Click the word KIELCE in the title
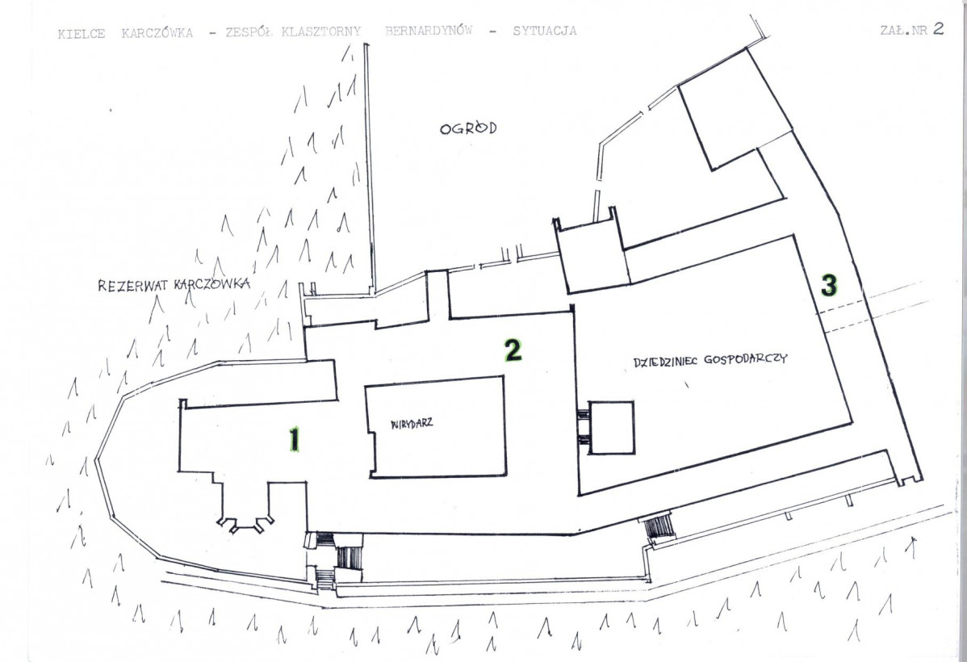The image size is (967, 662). (x=82, y=33)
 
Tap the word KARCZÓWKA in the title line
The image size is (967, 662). (x=157, y=33)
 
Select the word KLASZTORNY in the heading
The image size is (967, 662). (x=320, y=31)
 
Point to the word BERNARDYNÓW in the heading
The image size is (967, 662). (x=428, y=31)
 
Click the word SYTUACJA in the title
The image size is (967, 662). (x=545, y=30)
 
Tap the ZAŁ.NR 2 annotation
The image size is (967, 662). (x=911, y=30)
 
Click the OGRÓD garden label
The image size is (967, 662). (x=468, y=128)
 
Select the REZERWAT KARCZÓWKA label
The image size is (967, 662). (x=174, y=285)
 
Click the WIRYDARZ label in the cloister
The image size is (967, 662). (x=412, y=423)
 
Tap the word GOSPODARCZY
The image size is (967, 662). (x=746, y=359)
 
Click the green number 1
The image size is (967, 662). (x=295, y=440)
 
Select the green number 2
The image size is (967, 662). (x=513, y=350)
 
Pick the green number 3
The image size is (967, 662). (x=829, y=285)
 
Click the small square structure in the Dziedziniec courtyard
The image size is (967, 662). (x=610, y=428)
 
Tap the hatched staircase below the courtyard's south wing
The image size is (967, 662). (x=658, y=526)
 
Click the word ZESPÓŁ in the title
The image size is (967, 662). (x=249, y=32)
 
